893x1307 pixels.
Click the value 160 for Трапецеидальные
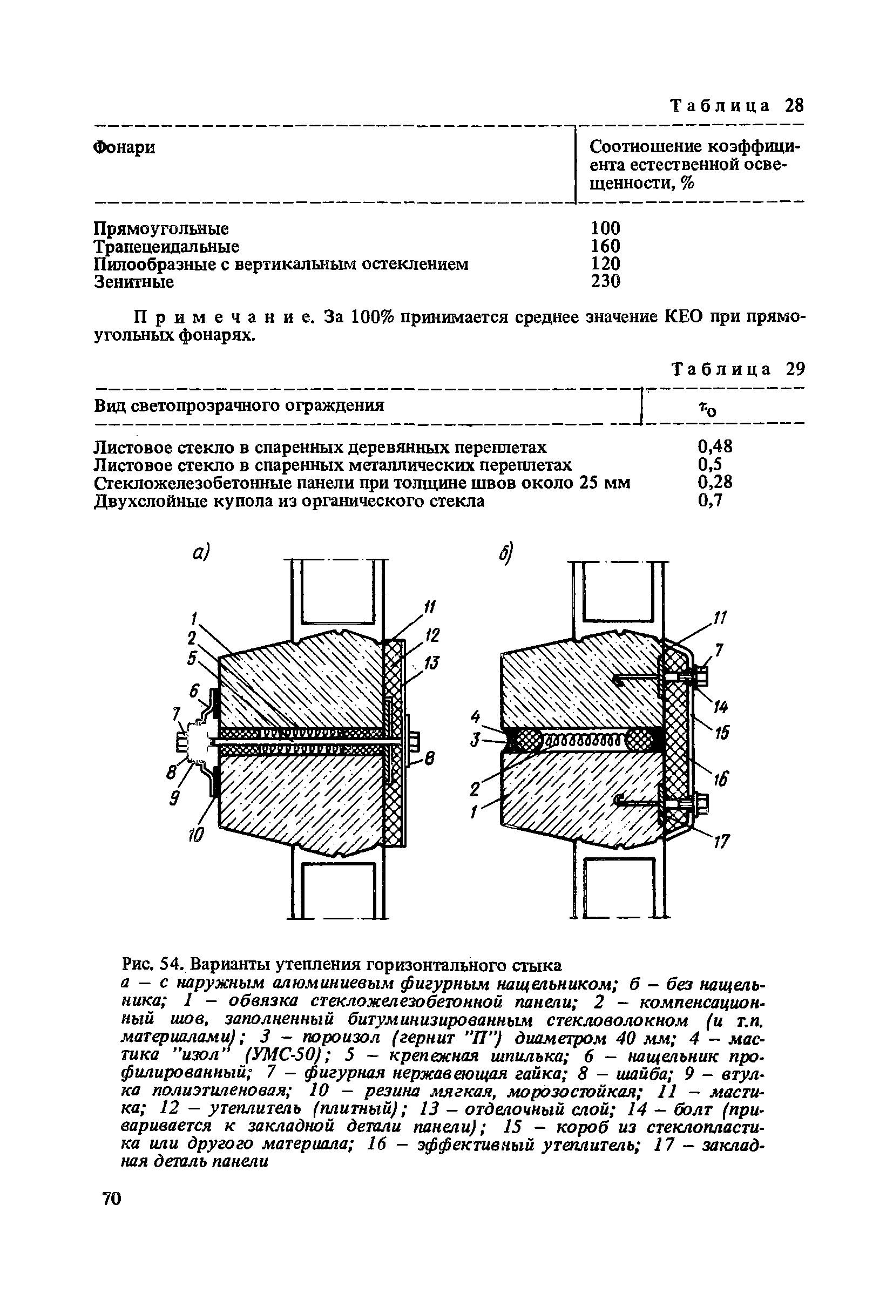click(x=605, y=246)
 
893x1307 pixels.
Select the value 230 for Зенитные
click(x=605, y=281)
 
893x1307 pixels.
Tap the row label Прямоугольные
click(x=161, y=228)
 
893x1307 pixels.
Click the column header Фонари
click(x=124, y=147)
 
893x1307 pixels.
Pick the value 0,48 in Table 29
click(x=715, y=446)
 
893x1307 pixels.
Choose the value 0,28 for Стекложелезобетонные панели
click(x=715, y=482)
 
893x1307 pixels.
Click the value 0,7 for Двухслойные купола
click(x=709, y=500)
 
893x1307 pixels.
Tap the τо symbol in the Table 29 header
click(x=707, y=409)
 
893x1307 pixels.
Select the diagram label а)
click(x=200, y=553)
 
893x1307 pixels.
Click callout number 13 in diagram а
click(x=432, y=663)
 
